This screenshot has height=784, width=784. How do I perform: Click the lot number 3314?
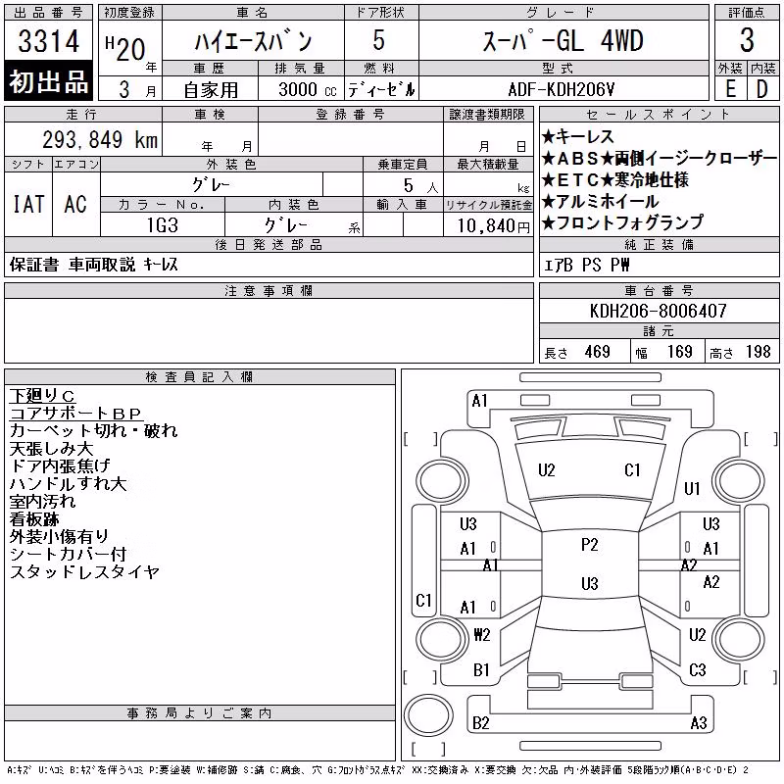tap(48, 41)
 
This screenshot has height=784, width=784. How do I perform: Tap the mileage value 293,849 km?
tap(100, 139)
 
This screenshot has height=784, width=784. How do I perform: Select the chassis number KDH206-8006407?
tap(658, 311)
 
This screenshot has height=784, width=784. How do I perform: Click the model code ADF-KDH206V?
tap(561, 89)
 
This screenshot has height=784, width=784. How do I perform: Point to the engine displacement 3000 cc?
tap(308, 89)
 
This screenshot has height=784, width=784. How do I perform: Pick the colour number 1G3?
tap(163, 225)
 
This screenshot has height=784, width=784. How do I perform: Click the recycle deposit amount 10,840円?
tap(494, 226)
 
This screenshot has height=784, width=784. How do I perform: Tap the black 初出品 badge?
tap(48, 80)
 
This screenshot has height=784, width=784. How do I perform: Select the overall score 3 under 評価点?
tap(747, 40)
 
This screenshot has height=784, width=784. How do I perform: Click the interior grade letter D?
tap(762, 89)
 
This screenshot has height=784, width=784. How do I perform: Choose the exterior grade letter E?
tap(730, 89)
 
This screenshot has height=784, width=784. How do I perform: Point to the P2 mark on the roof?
tap(590, 545)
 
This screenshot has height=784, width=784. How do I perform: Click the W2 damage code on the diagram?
tap(482, 635)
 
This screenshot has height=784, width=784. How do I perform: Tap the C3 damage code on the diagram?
tap(698, 670)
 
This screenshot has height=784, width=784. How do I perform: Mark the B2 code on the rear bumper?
tap(480, 723)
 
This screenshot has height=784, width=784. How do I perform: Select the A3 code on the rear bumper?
tap(699, 723)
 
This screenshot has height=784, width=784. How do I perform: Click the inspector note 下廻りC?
tap(42, 396)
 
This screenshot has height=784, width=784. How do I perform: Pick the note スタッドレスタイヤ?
tap(84, 571)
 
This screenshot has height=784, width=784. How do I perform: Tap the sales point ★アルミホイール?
tap(600, 202)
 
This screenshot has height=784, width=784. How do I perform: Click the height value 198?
tap(758, 352)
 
